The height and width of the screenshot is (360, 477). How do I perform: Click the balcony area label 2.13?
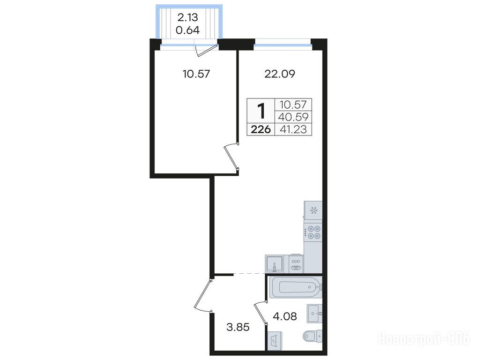188,17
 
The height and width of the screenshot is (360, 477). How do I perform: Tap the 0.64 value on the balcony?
188,30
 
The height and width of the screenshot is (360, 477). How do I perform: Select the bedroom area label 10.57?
196,74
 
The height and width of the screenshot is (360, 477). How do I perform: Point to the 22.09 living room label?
280,74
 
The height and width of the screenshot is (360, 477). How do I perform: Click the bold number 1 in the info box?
261,111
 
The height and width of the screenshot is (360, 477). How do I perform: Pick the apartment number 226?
261,130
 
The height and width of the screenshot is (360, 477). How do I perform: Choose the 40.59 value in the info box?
293,117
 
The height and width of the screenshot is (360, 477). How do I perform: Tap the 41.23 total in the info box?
293,130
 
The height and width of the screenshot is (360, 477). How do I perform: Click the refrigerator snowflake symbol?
313,210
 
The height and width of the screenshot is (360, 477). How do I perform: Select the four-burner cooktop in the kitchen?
313,232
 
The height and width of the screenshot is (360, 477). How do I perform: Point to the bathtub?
295,287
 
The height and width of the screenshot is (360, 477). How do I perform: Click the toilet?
313,336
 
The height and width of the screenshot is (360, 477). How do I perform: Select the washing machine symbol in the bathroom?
275,340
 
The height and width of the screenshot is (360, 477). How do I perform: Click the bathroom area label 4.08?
285,316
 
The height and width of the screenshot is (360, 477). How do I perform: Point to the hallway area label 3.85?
238,328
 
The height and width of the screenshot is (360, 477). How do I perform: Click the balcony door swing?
206,51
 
